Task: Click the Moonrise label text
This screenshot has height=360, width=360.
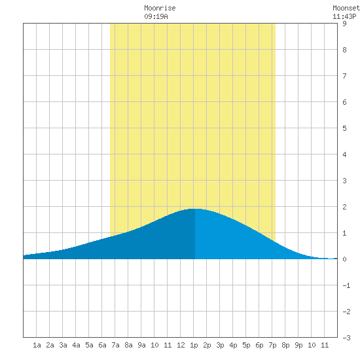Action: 160,8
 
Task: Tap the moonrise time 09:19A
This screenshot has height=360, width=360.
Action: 156,16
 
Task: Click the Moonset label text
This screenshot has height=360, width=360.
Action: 346,8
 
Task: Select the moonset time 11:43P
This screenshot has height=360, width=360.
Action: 344,16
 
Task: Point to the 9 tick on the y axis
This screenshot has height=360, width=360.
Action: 344,24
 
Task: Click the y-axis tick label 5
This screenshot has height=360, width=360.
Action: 344,128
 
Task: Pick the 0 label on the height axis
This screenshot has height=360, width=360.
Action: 344,259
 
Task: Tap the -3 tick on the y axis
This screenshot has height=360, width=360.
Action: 346,338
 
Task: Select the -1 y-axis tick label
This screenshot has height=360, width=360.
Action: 346,285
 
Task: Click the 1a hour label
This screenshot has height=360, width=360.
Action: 37,345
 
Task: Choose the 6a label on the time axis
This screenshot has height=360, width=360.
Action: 102,345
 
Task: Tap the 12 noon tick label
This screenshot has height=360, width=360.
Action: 181,345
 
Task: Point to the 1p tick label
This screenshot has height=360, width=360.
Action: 194,345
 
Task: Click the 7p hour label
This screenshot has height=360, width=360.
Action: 272,345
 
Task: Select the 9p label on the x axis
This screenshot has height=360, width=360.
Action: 298,345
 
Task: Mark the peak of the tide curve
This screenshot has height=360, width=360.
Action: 195,209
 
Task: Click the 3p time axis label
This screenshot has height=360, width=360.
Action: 220,345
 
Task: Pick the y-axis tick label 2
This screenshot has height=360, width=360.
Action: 344,207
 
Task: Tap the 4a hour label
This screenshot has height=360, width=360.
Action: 76,345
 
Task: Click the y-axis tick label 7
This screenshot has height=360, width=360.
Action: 344,76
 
